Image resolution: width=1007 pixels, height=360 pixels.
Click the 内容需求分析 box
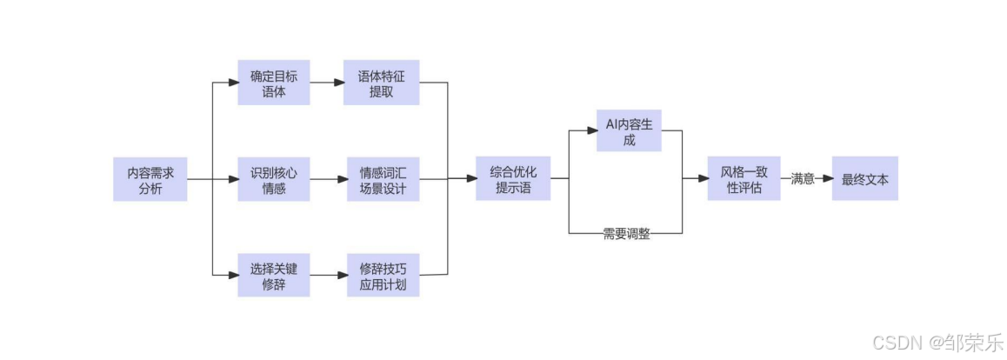tap(150, 179)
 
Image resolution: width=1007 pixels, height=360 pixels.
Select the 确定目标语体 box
tap(274, 83)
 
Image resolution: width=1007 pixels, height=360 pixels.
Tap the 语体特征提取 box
tap(381, 83)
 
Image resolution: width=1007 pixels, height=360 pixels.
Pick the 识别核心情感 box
tap(274, 179)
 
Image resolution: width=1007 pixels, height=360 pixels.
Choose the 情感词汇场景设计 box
tap(381, 179)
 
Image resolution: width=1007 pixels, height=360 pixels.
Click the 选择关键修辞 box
tap(274, 275)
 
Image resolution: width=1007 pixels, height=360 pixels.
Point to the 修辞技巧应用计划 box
tap(381, 275)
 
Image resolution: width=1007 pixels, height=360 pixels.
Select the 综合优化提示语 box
tap(513, 179)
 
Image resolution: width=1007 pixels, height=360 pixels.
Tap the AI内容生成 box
tap(629, 131)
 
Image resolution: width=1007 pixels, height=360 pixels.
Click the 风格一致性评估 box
tap(744, 179)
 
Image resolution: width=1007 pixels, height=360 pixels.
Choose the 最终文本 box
tap(864, 179)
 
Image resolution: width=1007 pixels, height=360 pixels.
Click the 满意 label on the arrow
tap(803, 179)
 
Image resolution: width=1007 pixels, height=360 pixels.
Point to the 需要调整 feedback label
tap(626, 234)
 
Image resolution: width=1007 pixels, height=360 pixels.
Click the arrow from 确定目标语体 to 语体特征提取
tap(326, 83)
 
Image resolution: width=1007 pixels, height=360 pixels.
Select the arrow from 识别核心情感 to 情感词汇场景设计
tap(326, 179)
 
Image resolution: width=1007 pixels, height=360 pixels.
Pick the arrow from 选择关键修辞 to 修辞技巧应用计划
tap(326, 275)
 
